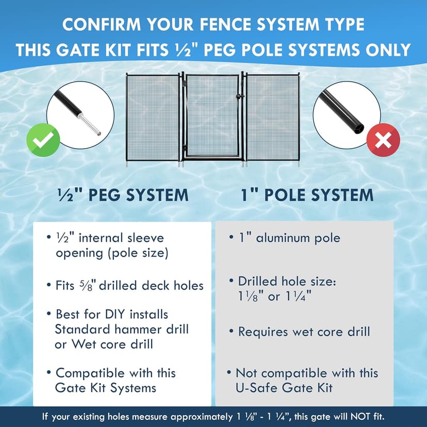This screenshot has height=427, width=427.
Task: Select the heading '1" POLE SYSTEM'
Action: click(307, 195)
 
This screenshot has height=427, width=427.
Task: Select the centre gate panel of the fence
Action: click(212, 116)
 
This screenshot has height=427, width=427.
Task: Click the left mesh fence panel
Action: click(153, 118)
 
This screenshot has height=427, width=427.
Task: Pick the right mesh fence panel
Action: click(273, 118)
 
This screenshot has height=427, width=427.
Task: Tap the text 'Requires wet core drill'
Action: click(303, 332)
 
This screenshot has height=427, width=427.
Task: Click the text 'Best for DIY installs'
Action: click(112, 314)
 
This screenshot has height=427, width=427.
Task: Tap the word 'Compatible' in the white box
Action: click(90, 373)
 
